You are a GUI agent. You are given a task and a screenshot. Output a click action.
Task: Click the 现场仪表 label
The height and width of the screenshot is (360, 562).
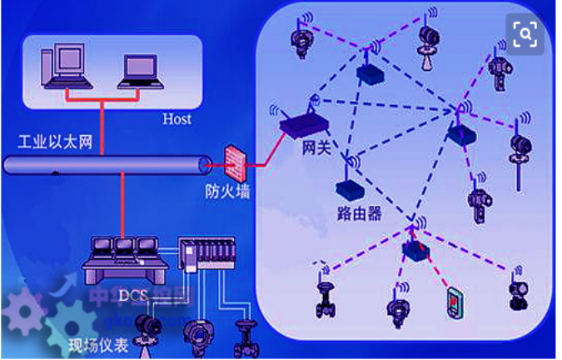[97, 344]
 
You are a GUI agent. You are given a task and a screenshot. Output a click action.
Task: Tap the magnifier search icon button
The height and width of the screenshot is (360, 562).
[525, 34]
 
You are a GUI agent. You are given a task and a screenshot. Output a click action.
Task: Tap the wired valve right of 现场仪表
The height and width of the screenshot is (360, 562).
[245, 337]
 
